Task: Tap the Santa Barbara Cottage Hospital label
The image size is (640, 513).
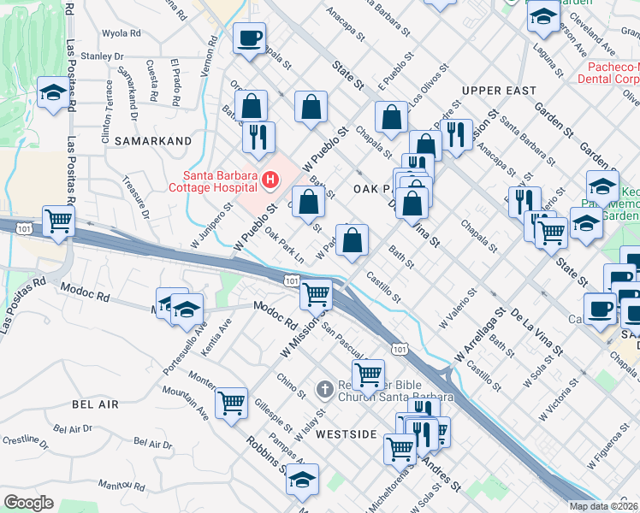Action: coord(213,182)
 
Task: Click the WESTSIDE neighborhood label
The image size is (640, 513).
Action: coord(346,434)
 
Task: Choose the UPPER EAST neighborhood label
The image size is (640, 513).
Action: coord(498,91)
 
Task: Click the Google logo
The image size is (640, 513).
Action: coord(28,502)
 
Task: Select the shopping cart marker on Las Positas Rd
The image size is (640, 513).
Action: coord(58,221)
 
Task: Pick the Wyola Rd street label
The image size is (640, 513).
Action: coord(121,33)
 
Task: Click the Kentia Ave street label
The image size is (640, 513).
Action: coord(224,326)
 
